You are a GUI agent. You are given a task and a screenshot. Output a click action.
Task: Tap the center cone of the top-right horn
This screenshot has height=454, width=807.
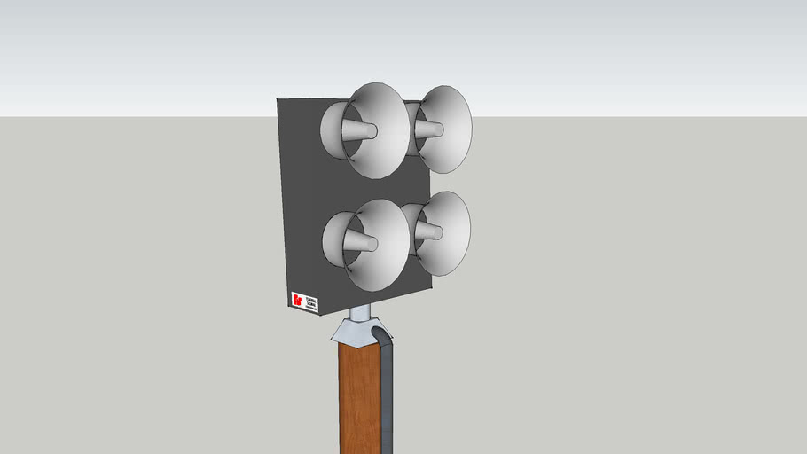[x=430, y=129]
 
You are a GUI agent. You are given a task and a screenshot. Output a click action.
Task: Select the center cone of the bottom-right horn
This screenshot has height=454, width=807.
[x=429, y=232]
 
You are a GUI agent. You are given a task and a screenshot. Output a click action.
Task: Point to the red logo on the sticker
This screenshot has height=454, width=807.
[x=296, y=300]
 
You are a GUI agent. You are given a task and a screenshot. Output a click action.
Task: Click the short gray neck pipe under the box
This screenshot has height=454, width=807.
[x=359, y=313]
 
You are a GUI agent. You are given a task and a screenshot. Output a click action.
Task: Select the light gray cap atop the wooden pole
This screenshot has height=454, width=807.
[x=355, y=333]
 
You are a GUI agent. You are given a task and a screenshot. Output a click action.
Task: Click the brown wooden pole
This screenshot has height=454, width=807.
[x=359, y=399]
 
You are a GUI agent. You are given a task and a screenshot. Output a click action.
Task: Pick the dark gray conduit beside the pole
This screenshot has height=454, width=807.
[x=388, y=390]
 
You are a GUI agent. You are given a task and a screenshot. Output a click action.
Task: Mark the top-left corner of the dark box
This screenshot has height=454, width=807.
[x=278, y=99]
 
